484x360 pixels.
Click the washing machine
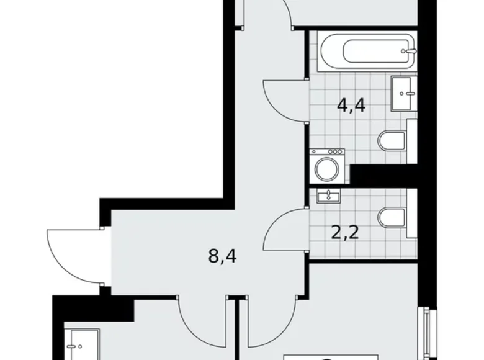(x=326, y=166)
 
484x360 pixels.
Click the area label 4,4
(x=350, y=105)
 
